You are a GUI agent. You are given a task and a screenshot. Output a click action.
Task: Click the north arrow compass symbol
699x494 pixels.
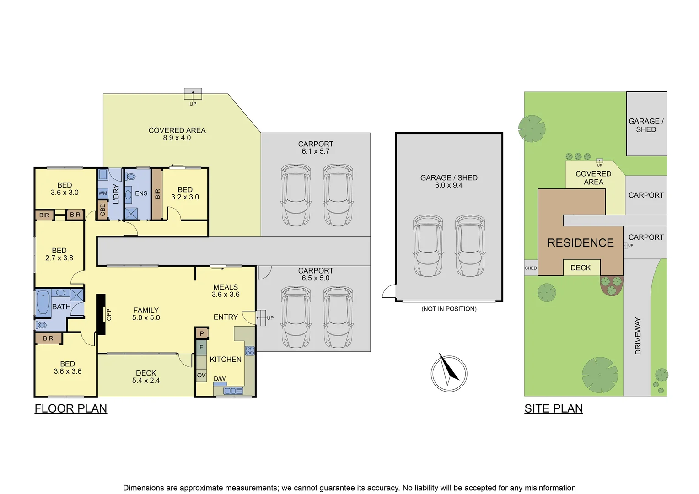(x=449, y=373)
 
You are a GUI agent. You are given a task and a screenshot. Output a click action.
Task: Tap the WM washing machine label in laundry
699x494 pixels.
(x=103, y=193)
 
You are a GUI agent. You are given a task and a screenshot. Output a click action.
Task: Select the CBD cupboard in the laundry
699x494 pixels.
(x=102, y=210)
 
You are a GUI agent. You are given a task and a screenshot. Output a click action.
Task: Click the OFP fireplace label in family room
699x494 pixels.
(x=108, y=314)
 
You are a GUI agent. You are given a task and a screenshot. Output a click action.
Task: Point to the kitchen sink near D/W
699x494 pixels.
(x=233, y=391)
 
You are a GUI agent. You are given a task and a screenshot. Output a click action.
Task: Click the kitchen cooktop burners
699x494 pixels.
(x=250, y=351)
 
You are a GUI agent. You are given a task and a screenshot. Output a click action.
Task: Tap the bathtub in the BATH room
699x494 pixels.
(x=43, y=302)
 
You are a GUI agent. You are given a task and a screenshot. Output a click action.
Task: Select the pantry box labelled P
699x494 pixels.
(x=202, y=333)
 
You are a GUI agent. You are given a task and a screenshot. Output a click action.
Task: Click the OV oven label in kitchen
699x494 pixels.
(x=201, y=375)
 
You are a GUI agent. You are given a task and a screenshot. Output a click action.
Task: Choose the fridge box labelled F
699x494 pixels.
(x=201, y=348)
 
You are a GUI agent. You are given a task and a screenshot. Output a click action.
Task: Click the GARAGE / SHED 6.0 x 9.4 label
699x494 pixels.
(x=449, y=181)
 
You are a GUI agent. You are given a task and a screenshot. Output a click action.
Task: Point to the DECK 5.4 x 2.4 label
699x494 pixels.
(x=146, y=376)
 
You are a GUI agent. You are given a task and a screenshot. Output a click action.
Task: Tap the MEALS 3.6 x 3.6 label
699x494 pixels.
(x=226, y=290)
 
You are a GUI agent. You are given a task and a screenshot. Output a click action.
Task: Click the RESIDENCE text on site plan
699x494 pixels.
(x=580, y=243)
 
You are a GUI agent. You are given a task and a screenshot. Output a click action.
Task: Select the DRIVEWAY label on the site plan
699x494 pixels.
(x=638, y=336)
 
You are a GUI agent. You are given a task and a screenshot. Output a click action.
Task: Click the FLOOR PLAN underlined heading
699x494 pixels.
(x=71, y=408)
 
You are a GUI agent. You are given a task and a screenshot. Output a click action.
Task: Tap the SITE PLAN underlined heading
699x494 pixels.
(x=554, y=408)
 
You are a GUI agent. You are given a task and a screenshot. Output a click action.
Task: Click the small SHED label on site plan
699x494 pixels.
(x=531, y=268)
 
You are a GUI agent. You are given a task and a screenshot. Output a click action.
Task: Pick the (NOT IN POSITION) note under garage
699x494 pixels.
(x=449, y=309)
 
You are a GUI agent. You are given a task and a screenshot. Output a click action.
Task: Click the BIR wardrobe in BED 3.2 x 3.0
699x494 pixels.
(x=157, y=194)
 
